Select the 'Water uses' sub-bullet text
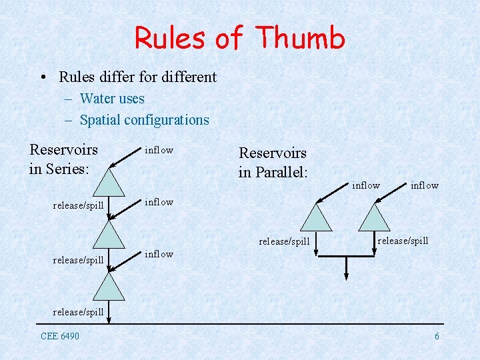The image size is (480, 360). tap(111, 99)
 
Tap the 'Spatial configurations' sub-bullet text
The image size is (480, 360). tap(144, 120)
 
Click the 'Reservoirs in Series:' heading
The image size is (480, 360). tap(63, 159)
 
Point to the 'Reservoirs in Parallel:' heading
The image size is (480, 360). tap(273, 163)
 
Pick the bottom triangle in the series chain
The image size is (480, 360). tap(108, 287)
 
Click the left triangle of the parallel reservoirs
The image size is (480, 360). tap(316, 217)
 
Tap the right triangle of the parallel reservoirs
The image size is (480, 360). tap(374, 217)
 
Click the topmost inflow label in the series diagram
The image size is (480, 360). tap(159, 150)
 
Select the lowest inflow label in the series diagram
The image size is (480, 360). tap(159, 254)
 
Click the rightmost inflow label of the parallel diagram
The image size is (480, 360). tap(424, 185)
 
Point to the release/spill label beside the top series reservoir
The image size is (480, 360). tap(78, 205)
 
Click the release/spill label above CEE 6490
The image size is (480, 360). tap(78, 312)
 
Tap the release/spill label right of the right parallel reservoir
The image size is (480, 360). tap(403, 241)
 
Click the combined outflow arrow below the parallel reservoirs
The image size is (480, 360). tap(346, 267)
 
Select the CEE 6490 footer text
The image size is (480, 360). tap(59, 336)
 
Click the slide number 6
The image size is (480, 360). tap(437, 336)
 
